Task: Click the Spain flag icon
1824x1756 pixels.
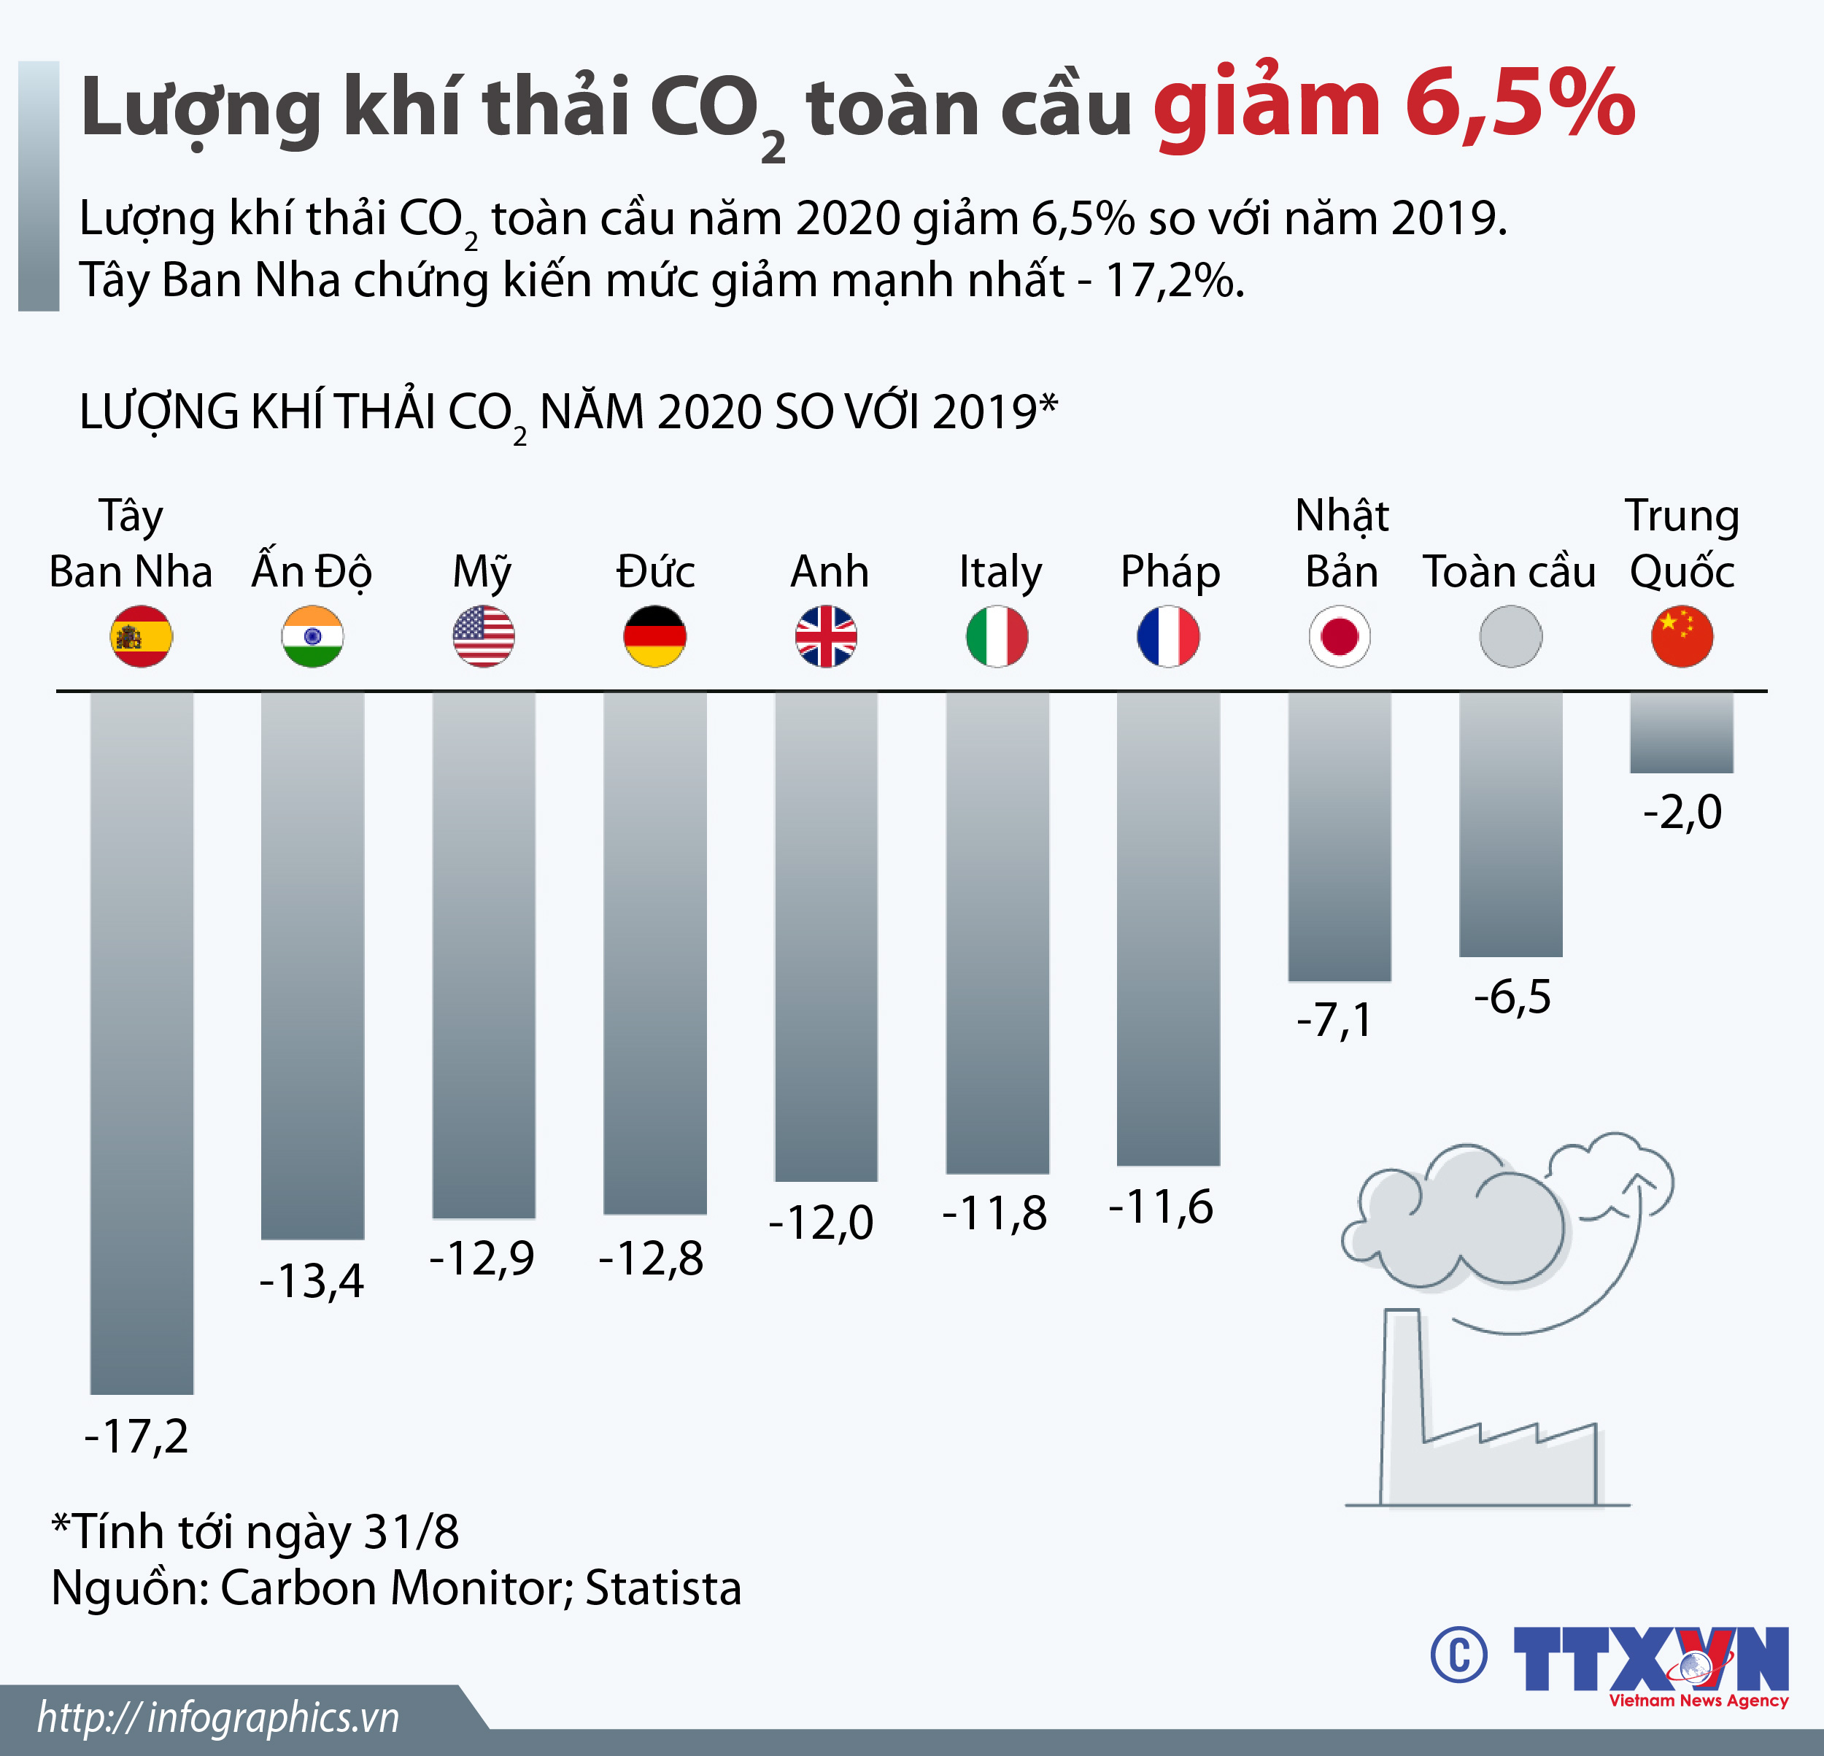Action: point(142,636)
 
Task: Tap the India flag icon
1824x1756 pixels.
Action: point(313,636)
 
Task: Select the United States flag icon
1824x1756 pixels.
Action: point(484,636)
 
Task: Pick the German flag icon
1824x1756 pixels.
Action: point(655,636)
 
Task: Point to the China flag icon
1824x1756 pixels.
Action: point(1682,636)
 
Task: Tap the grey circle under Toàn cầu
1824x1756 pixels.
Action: point(1510,636)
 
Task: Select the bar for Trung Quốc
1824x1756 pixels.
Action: point(1682,732)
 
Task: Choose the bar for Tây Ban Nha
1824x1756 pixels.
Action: point(142,1043)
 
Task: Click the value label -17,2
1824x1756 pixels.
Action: point(137,1436)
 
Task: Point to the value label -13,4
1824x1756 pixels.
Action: point(312,1280)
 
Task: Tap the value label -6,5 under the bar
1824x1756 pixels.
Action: point(1512,997)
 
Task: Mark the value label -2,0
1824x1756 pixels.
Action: point(1682,813)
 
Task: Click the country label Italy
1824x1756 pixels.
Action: point(1000,571)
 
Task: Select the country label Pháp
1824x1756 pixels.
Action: point(1170,571)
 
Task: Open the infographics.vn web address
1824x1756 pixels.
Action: point(219,1718)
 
